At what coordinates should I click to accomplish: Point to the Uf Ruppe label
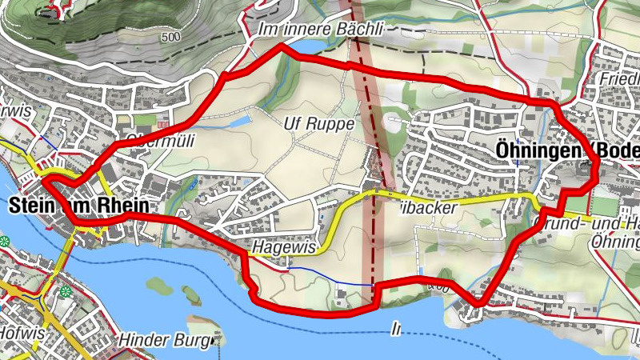pos(318,124)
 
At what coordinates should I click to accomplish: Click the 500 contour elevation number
pos(170,38)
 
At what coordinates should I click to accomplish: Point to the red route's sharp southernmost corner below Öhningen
pos(479,303)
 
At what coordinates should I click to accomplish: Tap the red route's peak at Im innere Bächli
pos(281,47)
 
